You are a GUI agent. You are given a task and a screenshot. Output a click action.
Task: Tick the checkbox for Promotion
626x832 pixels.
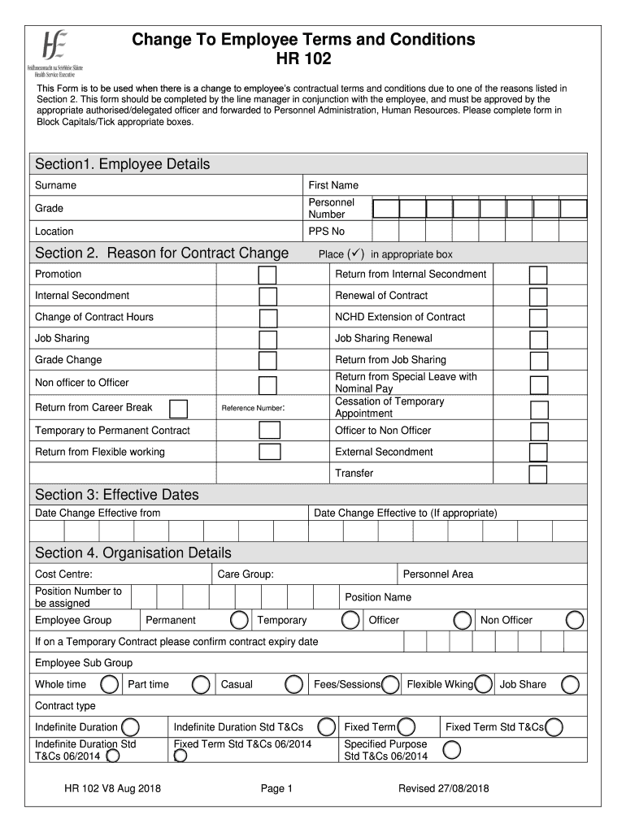click(267, 275)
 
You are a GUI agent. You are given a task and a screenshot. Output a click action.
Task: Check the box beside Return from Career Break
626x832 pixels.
click(178, 408)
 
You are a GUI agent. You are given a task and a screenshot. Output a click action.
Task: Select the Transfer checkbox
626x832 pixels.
click(538, 474)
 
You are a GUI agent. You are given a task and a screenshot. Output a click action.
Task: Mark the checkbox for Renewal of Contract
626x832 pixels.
click(538, 297)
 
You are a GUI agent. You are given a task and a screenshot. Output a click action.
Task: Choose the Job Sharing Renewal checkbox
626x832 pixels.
click(538, 340)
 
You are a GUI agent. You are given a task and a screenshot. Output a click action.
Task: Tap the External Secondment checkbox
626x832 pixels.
click(538, 453)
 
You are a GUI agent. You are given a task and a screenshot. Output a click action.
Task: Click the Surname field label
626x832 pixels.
click(56, 185)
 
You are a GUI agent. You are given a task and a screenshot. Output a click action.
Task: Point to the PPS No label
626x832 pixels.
click(327, 232)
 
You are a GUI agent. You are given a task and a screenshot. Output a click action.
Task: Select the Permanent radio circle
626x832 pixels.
click(239, 621)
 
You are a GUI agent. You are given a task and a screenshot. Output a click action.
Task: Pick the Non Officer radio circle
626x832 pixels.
click(575, 621)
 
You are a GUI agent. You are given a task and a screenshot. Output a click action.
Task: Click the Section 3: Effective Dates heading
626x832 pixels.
click(117, 495)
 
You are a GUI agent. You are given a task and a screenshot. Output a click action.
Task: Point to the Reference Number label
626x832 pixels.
click(253, 408)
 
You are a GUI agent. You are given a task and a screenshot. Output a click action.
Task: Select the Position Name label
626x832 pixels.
click(378, 597)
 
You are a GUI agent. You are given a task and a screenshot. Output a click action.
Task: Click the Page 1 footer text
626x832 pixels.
click(276, 788)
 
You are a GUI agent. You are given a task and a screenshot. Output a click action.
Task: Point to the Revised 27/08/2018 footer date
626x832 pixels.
click(443, 788)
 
